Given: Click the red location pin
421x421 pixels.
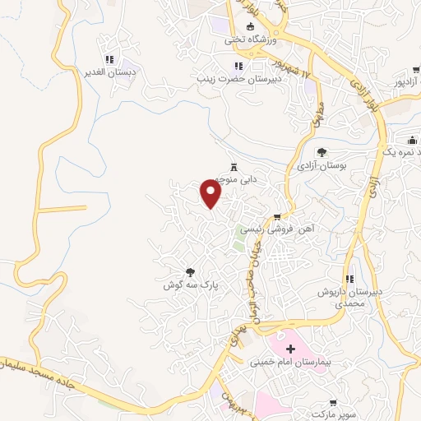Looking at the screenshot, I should pos(212,194).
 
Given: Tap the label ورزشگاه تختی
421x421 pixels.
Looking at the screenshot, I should pos(252,39).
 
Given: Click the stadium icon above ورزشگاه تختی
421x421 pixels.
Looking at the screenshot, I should pos(252,26).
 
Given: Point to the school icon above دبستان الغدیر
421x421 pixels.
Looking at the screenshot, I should pos(109,59).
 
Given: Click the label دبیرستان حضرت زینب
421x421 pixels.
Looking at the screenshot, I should pos(238,79).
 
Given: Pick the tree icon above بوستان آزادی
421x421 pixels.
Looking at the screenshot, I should pos(322,151).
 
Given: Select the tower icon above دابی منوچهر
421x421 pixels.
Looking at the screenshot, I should pos(233,165).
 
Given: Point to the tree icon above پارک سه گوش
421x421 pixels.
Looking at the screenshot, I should pos(190,271).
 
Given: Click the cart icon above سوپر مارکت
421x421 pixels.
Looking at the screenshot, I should pos(333,403).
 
